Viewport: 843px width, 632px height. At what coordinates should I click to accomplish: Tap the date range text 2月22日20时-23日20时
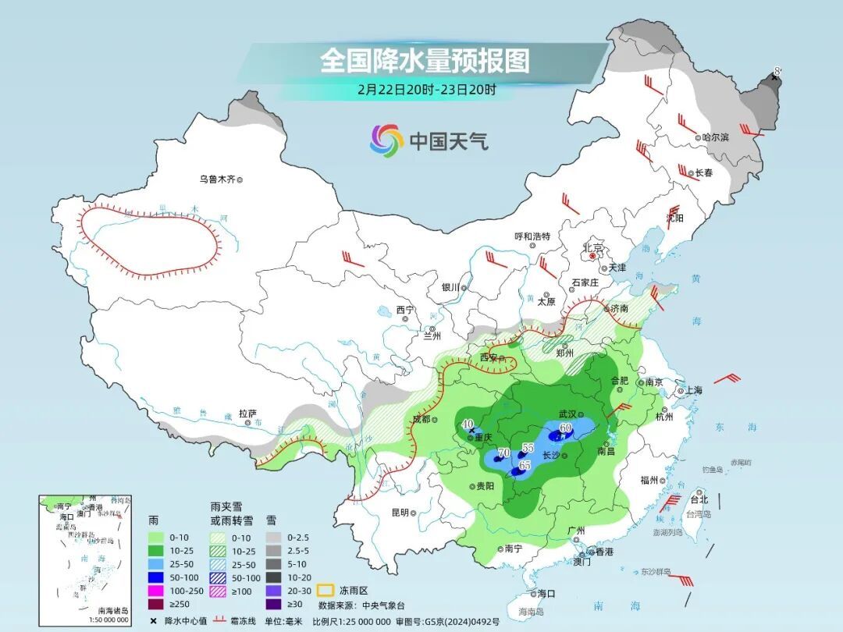426,89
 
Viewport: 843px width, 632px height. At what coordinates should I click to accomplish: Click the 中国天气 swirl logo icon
386,140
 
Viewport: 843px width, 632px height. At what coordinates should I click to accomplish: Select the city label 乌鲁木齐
217,179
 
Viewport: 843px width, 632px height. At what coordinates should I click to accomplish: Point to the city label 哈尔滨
715,137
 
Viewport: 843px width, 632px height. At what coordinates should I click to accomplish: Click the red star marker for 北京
593,255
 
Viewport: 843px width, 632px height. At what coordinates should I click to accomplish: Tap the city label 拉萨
247,414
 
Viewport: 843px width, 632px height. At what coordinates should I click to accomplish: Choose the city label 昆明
400,513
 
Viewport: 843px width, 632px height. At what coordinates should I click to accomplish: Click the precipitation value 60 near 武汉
566,427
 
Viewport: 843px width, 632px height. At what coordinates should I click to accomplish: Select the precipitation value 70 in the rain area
503,453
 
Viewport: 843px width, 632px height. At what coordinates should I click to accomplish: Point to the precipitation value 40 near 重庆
468,424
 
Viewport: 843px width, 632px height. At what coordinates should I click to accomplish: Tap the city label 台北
699,499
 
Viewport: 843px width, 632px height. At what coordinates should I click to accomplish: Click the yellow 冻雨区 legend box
325,590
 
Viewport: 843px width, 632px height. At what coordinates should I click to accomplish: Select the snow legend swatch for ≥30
272,604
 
